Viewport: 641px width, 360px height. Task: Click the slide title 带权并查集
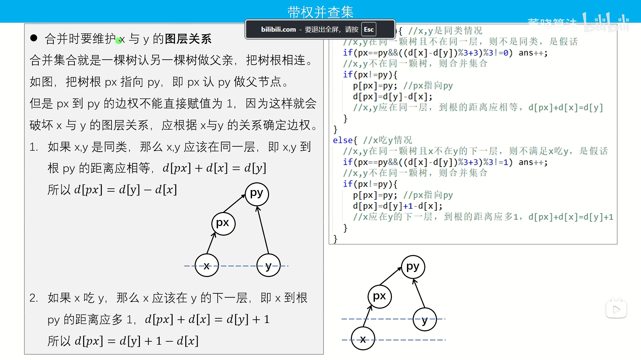320,12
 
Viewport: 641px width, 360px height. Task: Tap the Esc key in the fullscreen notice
369,29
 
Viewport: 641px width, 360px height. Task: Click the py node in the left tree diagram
257,194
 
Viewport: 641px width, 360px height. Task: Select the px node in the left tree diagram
223,223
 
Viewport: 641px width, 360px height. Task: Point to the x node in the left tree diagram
207,266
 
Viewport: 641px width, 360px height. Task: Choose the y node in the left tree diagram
268,266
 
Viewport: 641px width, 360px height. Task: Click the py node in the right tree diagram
413,267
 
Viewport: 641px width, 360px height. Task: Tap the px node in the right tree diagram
380,296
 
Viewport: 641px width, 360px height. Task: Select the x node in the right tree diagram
363,339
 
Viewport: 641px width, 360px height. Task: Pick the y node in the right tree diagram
425,319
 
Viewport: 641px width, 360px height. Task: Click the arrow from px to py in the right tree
391,276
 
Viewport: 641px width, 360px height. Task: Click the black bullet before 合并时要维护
34,38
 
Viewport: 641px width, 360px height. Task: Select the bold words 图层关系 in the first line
188,39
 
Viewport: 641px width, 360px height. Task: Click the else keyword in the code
343,140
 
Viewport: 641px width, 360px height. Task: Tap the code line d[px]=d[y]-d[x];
393,97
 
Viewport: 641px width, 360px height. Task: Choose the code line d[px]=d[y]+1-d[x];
398,206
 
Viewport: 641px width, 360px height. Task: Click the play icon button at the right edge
616,309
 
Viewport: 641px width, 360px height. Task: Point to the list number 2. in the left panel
34,298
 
